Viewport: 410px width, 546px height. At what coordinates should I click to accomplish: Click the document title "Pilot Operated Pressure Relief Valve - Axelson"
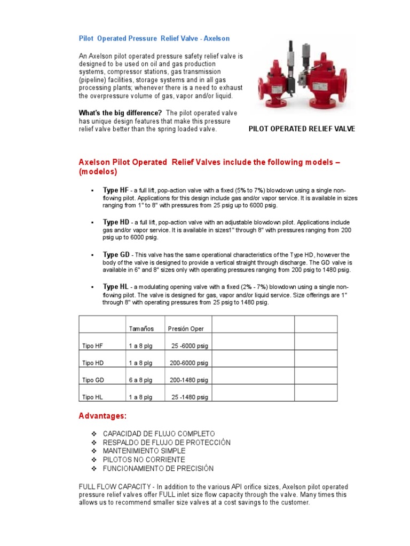coord(154,39)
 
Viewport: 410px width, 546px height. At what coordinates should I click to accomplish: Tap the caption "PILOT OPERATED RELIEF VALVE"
coord(302,129)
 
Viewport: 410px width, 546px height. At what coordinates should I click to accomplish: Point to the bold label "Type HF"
coord(115,190)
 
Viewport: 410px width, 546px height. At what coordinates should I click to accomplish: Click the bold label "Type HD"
coord(116,222)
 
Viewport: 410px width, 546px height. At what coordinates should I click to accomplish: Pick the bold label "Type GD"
coord(116,255)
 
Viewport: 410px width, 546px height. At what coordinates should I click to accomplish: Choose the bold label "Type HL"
coord(115,287)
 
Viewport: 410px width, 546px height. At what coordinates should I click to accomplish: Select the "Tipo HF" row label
coord(93,346)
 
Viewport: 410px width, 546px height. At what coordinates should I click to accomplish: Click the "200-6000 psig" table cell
coord(189,363)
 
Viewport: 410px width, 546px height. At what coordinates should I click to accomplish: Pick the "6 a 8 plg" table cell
coord(141,380)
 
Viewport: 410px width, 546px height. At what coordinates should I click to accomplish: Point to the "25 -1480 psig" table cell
coord(190,397)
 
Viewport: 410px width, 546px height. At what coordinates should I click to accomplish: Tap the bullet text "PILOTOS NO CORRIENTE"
coord(144,460)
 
